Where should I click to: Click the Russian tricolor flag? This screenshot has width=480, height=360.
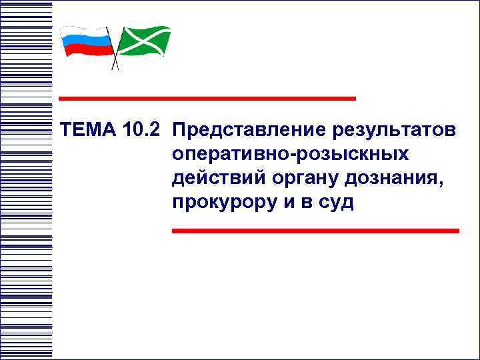(x=86, y=42)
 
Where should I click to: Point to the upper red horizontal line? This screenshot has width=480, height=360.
(x=207, y=98)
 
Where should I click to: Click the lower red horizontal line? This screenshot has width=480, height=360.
(x=315, y=230)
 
